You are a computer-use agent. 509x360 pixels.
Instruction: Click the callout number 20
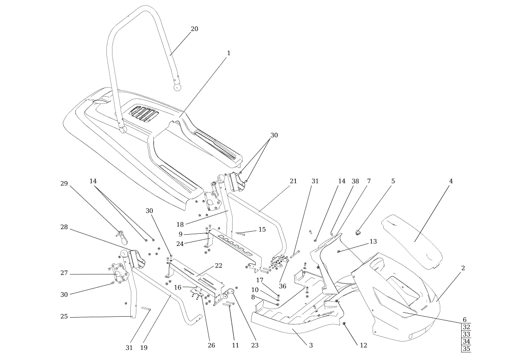coord(194,29)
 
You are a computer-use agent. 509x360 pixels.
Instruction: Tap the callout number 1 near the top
coord(229,53)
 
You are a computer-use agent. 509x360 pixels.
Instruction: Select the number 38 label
coord(355,181)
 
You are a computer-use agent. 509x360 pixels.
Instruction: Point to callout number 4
coord(451,181)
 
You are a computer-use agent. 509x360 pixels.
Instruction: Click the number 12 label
coord(363,345)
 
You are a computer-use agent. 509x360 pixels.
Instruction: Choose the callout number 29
coord(64,183)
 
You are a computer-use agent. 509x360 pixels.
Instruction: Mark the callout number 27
coord(64,273)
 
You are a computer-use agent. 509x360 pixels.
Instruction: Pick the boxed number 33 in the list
coord(466,335)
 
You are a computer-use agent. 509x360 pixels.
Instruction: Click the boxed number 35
coord(466,349)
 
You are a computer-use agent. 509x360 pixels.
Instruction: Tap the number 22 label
coord(218,265)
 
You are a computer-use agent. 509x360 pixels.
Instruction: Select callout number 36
coord(282,286)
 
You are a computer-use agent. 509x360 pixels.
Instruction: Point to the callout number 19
coord(144,348)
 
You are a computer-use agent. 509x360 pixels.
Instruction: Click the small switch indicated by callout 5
coord(359,232)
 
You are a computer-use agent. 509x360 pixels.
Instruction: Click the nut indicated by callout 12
coord(344,323)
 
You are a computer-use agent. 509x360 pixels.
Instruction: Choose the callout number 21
coord(293,181)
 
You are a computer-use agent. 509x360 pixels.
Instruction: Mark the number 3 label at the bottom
coord(310,345)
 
